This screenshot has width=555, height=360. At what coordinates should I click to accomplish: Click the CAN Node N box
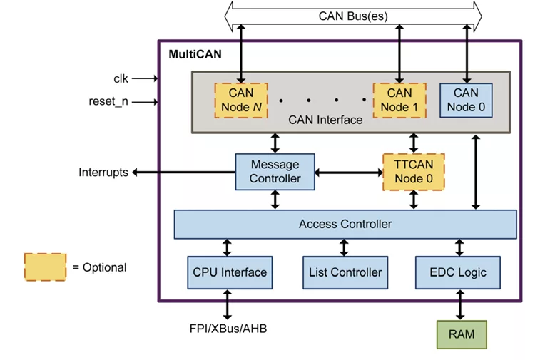pyautogui.click(x=241, y=101)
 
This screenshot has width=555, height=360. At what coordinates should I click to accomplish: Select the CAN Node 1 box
pyautogui.click(x=399, y=101)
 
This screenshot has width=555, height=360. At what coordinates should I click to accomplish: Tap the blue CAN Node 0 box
pyautogui.click(x=466, y=100)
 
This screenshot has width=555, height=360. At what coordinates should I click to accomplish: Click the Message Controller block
pyautogui.click(x=275, y=172)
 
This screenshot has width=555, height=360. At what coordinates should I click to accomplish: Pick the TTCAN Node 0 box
pyautogui.click(x=413, y=172)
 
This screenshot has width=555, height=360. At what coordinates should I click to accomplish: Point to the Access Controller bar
pyautogui.click(x=345, y=224)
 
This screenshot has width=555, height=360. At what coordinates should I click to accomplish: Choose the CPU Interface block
pyautogui.click(x=230, y=272)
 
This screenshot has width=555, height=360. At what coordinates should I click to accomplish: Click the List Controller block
pyautogui.click(x=345, y=272)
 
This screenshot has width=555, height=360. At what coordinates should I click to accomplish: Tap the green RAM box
pyautogui.click(x=462, y=334)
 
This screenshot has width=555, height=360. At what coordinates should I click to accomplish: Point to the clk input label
pyautogui.click(x=121, y=78)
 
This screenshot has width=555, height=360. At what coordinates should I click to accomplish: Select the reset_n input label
pyautogui.click(x=108, y=101)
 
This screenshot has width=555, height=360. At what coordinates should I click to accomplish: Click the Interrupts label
pyautogui.click(x=103, y=173)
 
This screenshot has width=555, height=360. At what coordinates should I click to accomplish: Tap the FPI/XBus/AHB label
pyautogui.click(x=229, y=329)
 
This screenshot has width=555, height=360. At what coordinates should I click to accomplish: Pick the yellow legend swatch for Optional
pyautogui.click(x=45, y=267)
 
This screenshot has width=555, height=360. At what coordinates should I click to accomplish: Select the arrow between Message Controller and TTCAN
pyautogui.click(x=349, y=173)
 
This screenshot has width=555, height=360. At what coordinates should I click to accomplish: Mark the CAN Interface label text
pyautogui.click(x=325, y=120)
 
